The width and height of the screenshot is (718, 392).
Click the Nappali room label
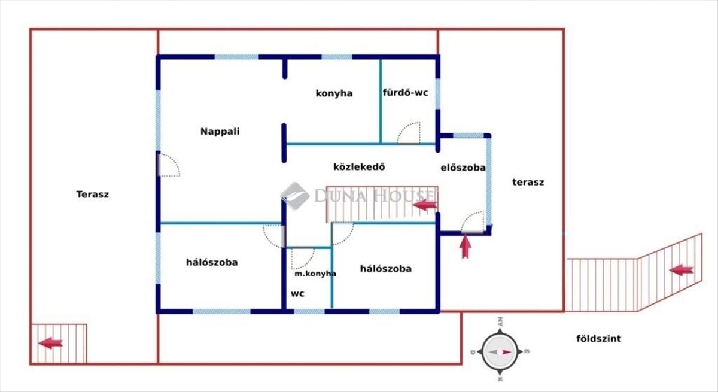tap(220, 132)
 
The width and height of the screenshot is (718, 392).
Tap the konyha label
tap(334, 93)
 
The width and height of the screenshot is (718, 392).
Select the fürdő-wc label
tap(405, 93)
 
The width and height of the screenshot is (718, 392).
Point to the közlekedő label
tap(358, 167)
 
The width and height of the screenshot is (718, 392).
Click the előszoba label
tap(463, 168)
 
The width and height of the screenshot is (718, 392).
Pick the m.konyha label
tap(315, 274)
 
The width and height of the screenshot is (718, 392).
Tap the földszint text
tap(598, 339)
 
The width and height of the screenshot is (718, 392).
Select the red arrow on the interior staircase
tap(425, 206)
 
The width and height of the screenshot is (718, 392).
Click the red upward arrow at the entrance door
tap(466, 246)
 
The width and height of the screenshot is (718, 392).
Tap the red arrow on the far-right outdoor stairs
tap(681, 270)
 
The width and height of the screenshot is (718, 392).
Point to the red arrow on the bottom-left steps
tap(50, 343)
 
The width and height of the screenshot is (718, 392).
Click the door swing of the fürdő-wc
tap(410, 133)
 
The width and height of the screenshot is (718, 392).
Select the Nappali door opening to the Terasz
tap(168, 165)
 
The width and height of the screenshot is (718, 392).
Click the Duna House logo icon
tap(294, 195)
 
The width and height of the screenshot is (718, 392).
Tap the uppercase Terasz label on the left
tap(92, 195)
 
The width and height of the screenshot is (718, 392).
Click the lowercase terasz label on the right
tap(528, 183)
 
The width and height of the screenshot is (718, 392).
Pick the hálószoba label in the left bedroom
tap(212, 262)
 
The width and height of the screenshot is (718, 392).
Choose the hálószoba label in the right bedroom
tap(385, 269)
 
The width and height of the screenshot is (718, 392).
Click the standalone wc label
tap(297, 294)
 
